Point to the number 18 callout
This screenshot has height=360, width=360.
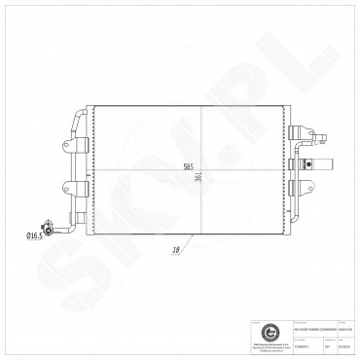177,250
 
